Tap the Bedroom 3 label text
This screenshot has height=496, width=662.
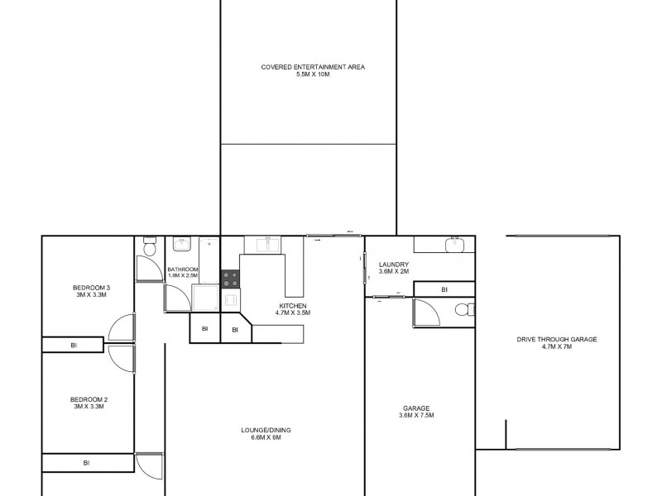pos(92,291)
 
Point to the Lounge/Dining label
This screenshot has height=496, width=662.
pos(266,433)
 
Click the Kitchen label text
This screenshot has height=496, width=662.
pos(293,308)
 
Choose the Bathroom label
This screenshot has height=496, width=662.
pos(182,273)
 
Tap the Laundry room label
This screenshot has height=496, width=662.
pos(394,268)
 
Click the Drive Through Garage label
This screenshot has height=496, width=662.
pos(556,342)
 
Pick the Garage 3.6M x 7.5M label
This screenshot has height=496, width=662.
pos(417,411)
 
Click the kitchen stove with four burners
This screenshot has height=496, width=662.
pos(229,279)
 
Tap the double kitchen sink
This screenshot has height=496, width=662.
pos(266,245)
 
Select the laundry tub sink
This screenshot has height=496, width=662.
pos(453,244)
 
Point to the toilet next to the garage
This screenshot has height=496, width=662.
pos(464,310)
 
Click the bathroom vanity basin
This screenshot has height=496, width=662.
pos(181,245)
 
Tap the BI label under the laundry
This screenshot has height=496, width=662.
pos(444,289)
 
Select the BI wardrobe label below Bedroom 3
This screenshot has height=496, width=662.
pos(74,345)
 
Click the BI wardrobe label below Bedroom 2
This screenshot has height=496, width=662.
pos(86,464)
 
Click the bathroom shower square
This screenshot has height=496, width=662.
pos(205,298)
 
